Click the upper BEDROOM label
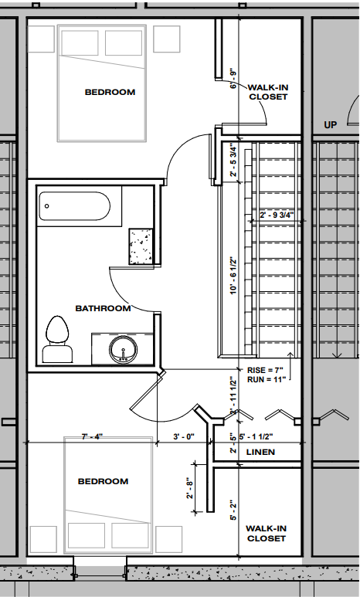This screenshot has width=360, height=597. tap(110, 93)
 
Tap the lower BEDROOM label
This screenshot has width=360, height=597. tap(103, 482)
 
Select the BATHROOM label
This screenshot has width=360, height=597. tap(103, 309)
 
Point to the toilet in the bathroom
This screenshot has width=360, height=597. tap(56, 340)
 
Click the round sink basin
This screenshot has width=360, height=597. tap(122, 350)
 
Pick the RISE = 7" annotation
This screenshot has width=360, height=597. tap(265, 370)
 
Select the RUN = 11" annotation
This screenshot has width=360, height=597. tap(265, 381)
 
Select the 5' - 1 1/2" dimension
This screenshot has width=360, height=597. tap(263, 437)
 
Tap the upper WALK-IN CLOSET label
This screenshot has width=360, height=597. tap(267, 93)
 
